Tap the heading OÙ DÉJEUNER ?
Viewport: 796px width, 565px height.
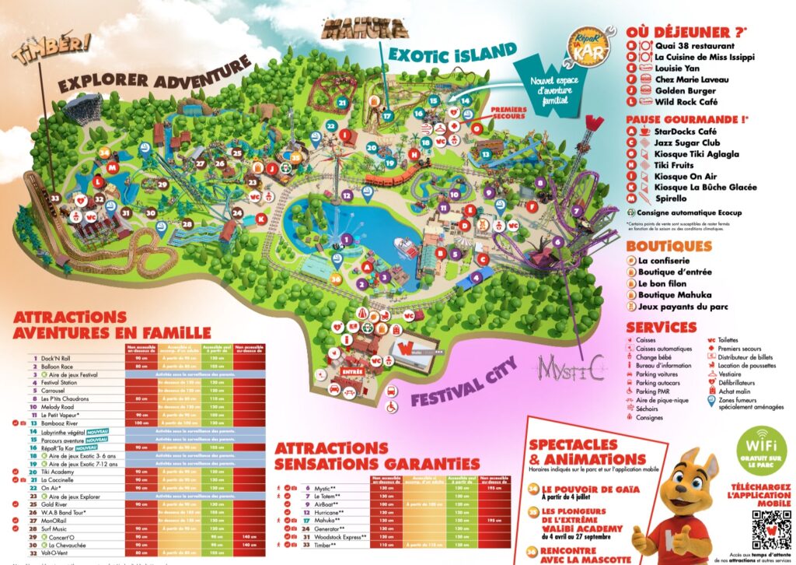coord(686,32)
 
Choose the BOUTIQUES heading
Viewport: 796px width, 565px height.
coord(669,246)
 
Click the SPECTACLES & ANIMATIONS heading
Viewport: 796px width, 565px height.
coord(587,451)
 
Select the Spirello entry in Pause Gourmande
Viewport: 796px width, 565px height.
coord(674,199)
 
